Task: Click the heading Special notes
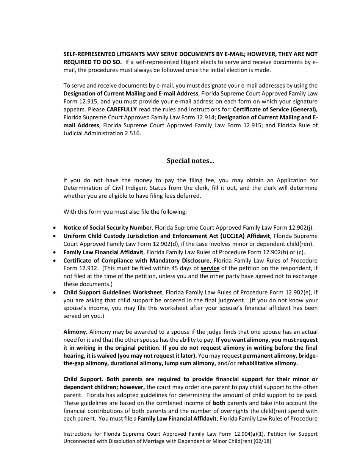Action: [190, 161]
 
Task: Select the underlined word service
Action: [210, 268]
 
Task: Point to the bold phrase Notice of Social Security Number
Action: [108, 228]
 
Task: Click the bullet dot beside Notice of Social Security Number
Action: [55, 228]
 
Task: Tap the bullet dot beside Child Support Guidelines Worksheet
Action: [55, 292]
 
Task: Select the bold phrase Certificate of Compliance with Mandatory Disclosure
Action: [136, 260]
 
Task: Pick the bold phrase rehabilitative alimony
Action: [268, 363]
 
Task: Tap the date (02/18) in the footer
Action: [263, 441]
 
